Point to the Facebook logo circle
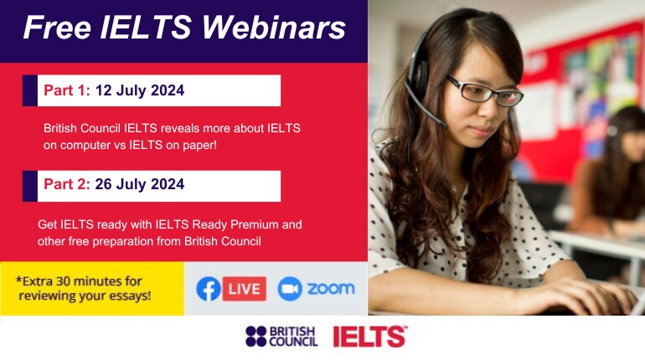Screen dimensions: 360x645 [x=209, y=289]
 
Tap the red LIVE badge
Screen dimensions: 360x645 [x=245, y=289]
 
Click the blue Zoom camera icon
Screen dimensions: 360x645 [x=289, y=289]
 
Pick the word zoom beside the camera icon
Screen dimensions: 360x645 [x=330, y=289]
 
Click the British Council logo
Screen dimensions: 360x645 [x=281, y=337]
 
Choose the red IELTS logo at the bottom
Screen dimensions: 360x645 [x=369, y=337]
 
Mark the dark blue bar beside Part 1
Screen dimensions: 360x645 [x=29, y=90]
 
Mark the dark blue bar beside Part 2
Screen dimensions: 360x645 [x=29, y=185]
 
